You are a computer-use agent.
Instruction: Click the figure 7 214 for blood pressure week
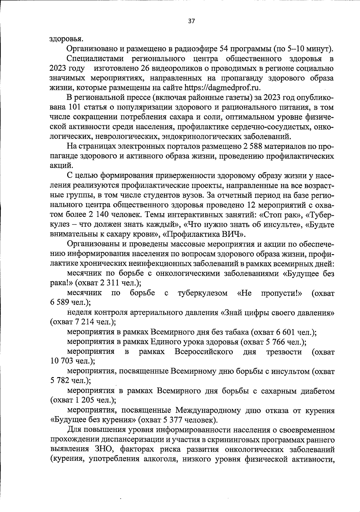pos(84,322)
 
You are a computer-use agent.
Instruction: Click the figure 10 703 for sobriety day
pos(61,361)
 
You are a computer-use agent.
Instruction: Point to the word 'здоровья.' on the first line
pos(66,39)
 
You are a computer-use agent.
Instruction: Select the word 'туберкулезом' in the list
pos(202,293)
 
